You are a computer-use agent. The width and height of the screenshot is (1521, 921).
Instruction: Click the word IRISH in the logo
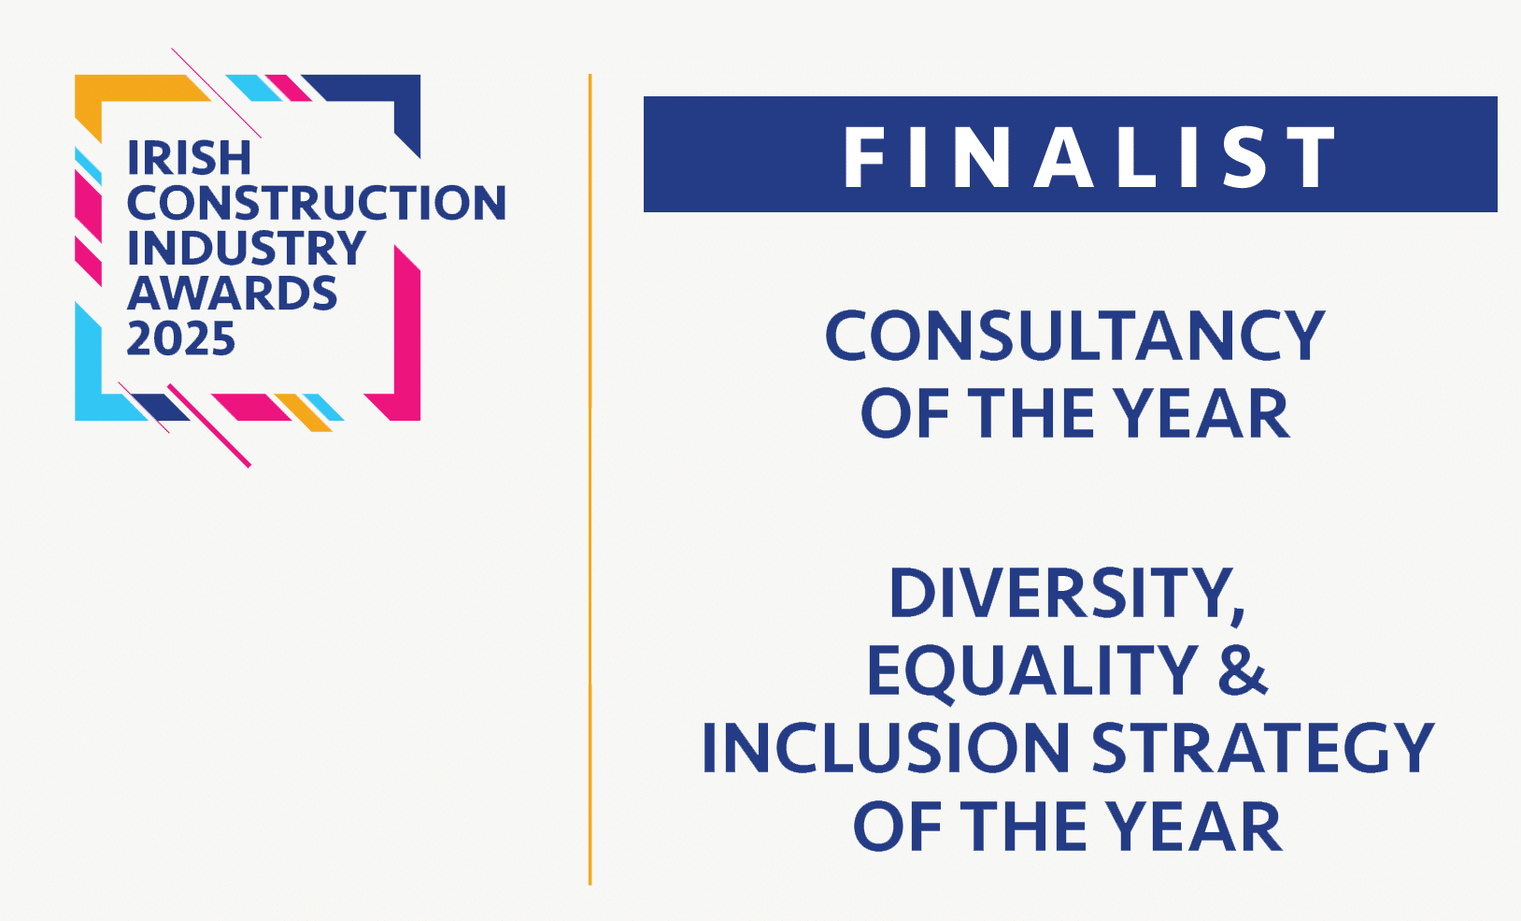coord(190,159)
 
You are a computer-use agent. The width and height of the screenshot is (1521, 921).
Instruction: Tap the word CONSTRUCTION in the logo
coord(317,203)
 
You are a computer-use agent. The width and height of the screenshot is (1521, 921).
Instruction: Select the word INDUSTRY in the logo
coord(247,248)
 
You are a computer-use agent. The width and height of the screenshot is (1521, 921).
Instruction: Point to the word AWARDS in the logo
coord(233,293)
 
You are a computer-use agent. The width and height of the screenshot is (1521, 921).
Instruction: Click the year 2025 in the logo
coord(181,338)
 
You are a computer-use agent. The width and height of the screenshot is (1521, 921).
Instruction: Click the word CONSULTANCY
coord(1074,336)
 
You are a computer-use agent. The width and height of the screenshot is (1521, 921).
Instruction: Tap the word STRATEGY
coord(1262,748)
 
